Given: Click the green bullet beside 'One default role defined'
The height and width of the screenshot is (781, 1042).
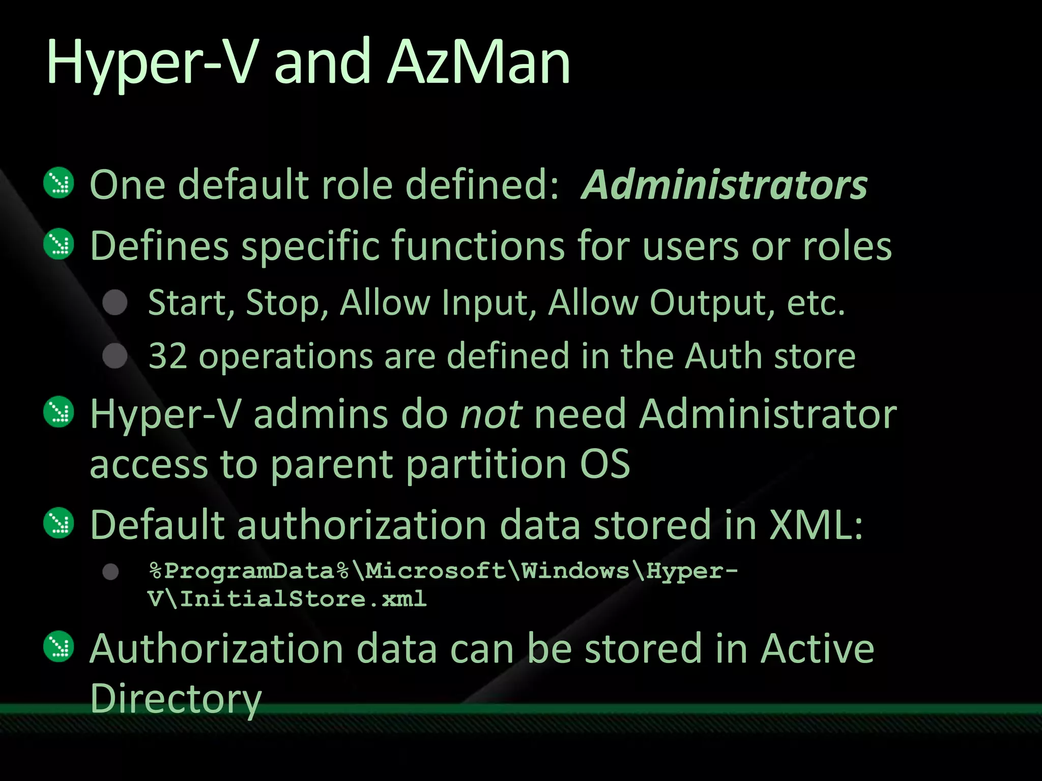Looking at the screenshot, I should (x=59, y=183).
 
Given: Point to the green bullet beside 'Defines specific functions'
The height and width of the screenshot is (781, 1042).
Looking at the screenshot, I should (x=59, y=245).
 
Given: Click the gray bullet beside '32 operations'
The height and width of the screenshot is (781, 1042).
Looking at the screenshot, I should (x=115, y=355).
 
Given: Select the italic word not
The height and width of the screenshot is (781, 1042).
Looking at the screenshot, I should (x=490, y=414).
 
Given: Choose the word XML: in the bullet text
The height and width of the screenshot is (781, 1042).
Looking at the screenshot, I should (x=816, y=524).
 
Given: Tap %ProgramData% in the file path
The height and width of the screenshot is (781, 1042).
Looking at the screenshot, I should (x=249, y=570).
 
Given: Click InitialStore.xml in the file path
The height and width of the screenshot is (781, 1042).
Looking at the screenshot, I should (x=303, y=599).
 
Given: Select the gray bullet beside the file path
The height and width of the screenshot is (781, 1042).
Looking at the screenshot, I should (x=111, y=572).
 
